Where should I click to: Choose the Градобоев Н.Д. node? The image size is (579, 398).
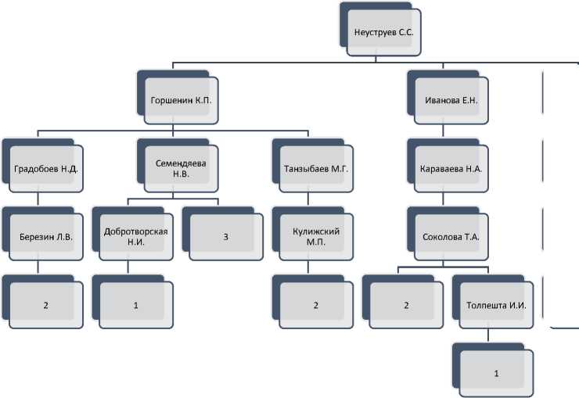[x=45, y=167]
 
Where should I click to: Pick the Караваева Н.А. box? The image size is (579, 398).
[x=450, y=167]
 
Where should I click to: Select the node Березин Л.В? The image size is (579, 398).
[x=45, y=235]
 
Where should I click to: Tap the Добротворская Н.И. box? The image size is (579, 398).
[x=135, y=235]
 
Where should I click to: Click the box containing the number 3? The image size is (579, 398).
[x=225, y=235]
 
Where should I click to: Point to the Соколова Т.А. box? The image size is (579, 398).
[x=450, y=235]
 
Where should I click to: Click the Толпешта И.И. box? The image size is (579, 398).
[x=496, y=303]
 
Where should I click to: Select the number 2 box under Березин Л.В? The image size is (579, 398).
[x=45, y=303]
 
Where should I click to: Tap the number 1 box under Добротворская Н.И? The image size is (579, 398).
[x=135, y=303]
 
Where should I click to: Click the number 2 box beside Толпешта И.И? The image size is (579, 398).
[x=406, y=303]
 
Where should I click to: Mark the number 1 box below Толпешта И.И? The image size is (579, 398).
[x=496, y=372]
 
